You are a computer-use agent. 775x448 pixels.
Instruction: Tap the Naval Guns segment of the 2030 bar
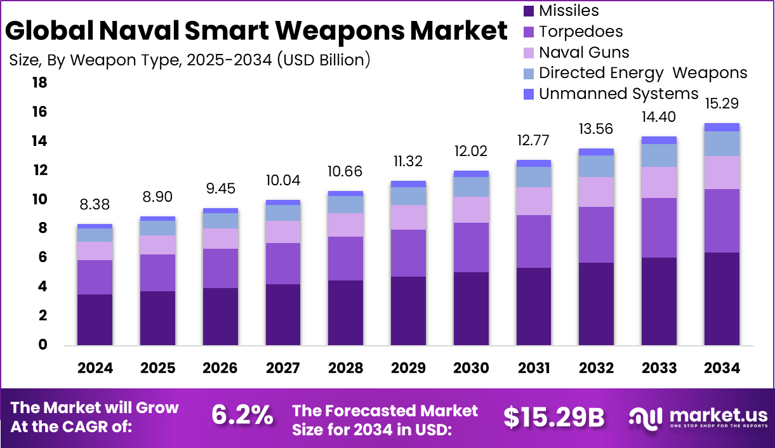coord(472,209)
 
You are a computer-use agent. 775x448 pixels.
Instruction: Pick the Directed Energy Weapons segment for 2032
coord(597,166)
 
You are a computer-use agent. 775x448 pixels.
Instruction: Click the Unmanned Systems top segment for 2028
coord(345,194)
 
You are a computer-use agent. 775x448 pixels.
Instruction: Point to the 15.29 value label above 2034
coord(723,103)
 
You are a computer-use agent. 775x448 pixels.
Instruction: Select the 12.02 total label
coord(471,152)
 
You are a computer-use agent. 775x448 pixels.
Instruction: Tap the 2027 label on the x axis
coord(282,368)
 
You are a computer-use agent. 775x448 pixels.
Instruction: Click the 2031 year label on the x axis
coord(534,368)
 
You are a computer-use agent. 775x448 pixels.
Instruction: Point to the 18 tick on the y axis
coord(39,82)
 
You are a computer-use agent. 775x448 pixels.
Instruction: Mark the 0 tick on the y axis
coord(43,345)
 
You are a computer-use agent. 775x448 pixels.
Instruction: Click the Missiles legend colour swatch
coord(529,11)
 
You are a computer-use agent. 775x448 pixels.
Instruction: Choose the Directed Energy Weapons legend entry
coord(642,73)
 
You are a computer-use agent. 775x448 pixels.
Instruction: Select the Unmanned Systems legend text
coord(618,94)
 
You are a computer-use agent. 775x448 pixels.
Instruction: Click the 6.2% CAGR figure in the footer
coord(242,416)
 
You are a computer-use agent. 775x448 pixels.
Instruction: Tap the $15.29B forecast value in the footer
coord(553,417)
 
